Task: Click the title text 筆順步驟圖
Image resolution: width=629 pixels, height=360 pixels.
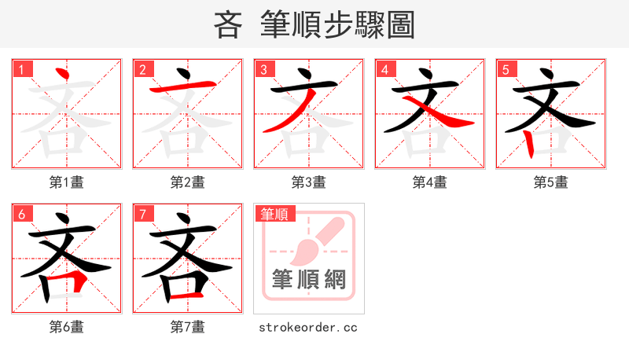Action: pyautogui.click(x=338, y=24)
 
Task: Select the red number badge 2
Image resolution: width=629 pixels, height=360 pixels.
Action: pyautogui.click(x=142, y=70)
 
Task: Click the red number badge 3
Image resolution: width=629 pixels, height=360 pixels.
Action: pyautogui.click(x=263, y=70)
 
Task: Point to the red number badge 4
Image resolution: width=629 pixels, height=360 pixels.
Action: pyautogui.click(x=384, y=70)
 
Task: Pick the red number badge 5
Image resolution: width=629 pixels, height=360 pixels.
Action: pyautogui.click(x=506, y=70)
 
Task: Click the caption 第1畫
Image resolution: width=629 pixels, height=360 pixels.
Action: pyautogui.click(x=67, y=182)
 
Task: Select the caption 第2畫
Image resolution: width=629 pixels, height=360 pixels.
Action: pyautogui.click(x=188, y=182)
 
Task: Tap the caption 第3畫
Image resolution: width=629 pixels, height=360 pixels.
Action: pyautogui.click(x=309, y=182)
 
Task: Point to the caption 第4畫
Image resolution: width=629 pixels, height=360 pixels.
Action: pyautogui.click(x=430, y=182)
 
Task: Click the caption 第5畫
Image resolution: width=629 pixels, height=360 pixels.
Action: pyautogui.click(x=551, y=182)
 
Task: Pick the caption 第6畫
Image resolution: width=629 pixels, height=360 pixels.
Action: pyautogui.click(x=67, y=327)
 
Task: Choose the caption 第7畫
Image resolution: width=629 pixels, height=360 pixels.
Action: pyautogui.click(x=188, y=327)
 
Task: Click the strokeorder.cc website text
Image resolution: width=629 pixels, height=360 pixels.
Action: pyautogui.click(x=308, y=327)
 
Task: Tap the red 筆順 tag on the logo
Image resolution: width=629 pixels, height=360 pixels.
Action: pyautogui.click(x=274, y=214)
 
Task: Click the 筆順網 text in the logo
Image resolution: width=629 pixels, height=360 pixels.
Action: pyautogui.click(x=308, y=279)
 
